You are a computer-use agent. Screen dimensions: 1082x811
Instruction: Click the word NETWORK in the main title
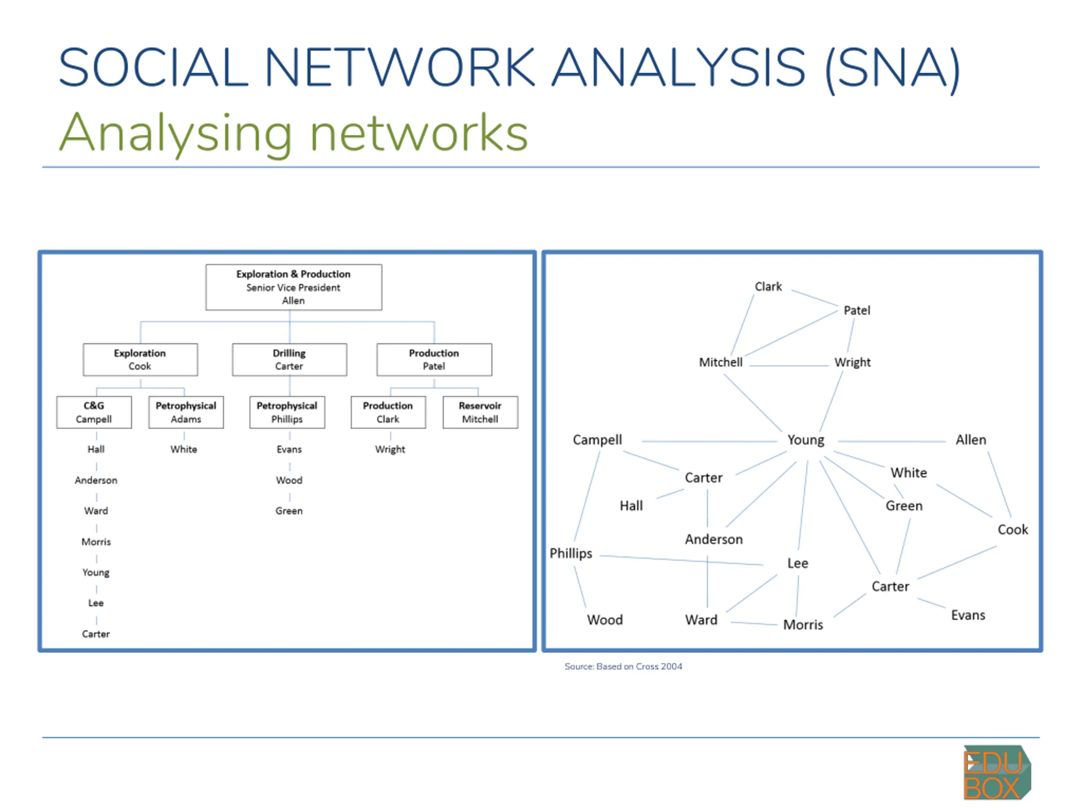[x=399, y=67]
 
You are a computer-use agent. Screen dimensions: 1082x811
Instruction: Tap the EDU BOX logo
[x=997, y=773]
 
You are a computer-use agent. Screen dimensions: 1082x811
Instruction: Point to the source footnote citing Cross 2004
[x=623, y=666]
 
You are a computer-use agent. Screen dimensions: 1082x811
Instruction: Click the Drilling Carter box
[x=290, y=360]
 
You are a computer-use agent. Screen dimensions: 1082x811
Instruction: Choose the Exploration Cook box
[x=140, y=360]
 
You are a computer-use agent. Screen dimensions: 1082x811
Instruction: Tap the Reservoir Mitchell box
[x=480, y=413]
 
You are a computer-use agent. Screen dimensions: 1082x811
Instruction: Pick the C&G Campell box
[x=94, y=413]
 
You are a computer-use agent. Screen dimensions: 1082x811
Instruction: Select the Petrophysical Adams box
[x=186, y=413]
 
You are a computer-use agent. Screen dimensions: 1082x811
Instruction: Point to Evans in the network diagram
[x=968, y=615]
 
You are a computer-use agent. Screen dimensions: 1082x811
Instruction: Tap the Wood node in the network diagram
[x=605, y=620]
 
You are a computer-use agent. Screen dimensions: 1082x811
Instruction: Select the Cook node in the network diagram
[x=1013, y=529]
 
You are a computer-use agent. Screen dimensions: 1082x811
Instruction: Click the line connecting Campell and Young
[x=709, y=441]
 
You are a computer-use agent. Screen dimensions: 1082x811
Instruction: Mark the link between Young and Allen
[x=891, y=441]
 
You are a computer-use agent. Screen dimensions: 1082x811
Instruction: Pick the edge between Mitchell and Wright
[x=789, y=366]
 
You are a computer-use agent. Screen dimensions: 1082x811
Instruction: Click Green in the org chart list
[x=289, y=511]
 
